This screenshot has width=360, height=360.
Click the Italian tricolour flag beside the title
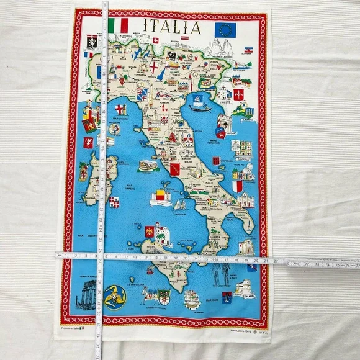(x=118, y=25)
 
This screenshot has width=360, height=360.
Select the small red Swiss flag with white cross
(x=156, y=41)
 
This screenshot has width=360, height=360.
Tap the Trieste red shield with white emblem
(x=238, y=94)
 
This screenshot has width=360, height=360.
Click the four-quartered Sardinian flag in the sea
(x=114, y=201)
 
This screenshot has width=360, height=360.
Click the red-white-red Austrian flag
(x=184, y=38)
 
